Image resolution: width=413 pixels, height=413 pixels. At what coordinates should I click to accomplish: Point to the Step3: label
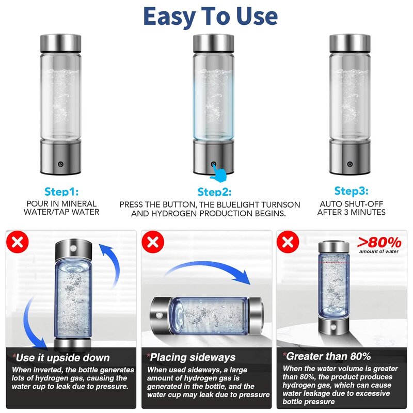click(352, 190)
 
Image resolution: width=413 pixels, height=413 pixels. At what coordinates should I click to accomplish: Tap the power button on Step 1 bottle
click(60, 165)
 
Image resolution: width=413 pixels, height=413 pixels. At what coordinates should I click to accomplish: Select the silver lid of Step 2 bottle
click(213, 43)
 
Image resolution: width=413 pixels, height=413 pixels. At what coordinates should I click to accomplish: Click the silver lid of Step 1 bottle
click(60, 43)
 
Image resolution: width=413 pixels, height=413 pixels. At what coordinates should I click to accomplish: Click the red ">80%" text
click(379, 242)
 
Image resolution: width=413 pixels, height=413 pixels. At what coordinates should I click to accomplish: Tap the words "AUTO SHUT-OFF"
click(352, 204)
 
